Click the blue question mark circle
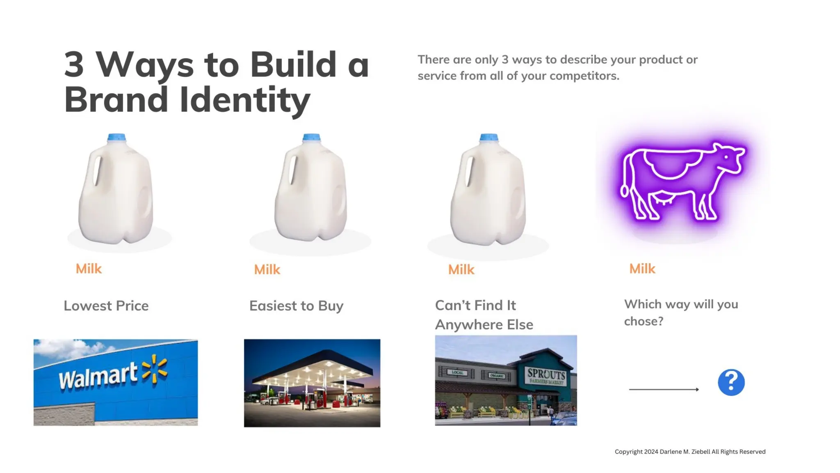(x=731, y=382)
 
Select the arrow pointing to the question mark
(x=664, y=389)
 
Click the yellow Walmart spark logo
(x=155, y=369)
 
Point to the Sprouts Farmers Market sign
(x=546, y=376)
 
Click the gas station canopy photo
(x=312, y=383)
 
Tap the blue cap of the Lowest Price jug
(x=116, y=138)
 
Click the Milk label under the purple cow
(x=642, y=269)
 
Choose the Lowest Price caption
(x=106, y=306)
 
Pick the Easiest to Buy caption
(x=296, y=306)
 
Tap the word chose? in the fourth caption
(x=644, y=321)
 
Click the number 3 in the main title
(x=74, y=64)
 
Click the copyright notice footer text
(x=690, y=452)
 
